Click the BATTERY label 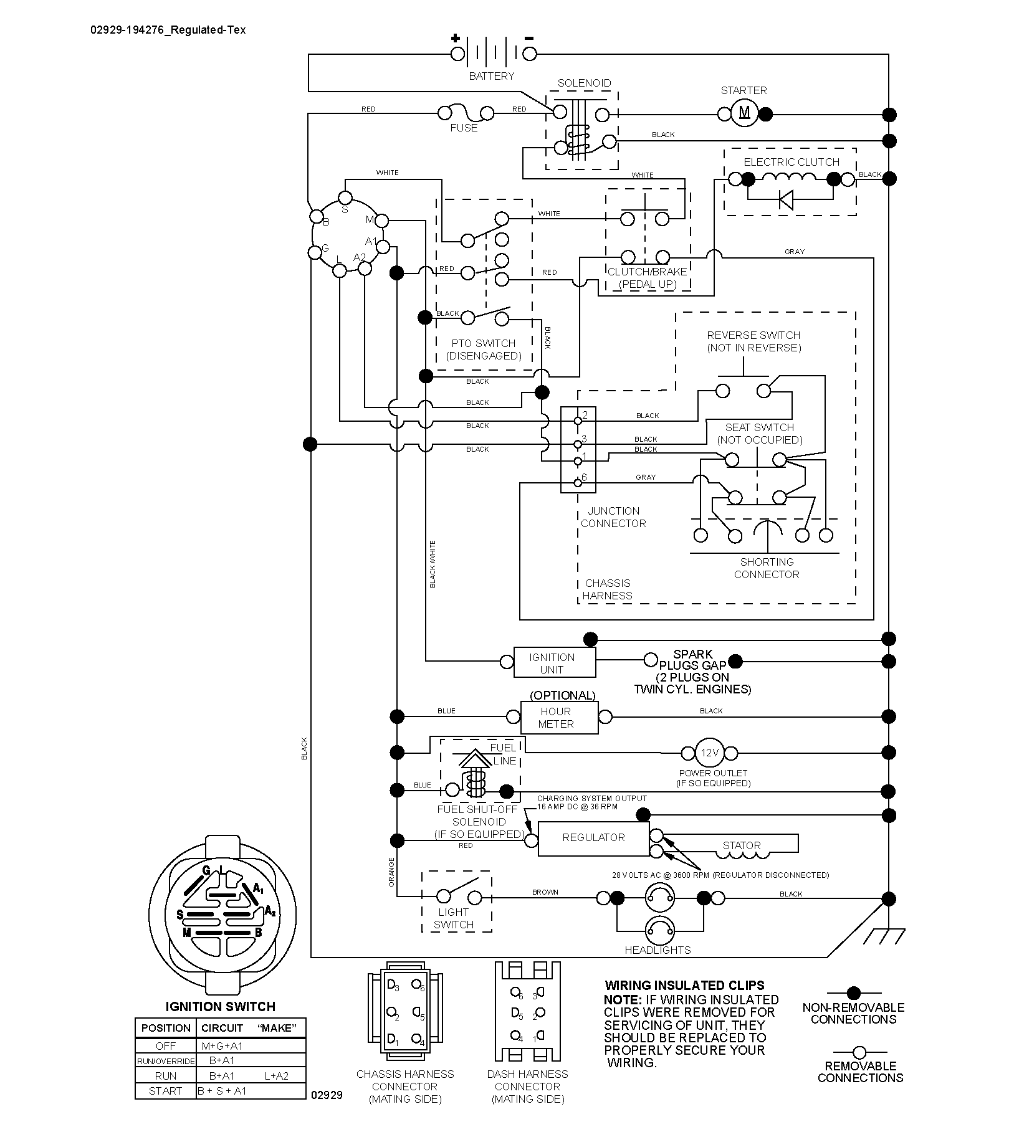(x=492, y=76)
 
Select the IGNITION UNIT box (x=555, y=662)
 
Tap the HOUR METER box (x=560, y=718)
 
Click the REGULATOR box (x=593, y=838)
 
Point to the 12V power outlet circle (x=709, y=753)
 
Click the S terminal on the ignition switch (x=345, y=197)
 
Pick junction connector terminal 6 (x=578, y=482)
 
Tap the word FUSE (x=464, y=128)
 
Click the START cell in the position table (x=165, y=1091)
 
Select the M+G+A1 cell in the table (x=222, y=1046)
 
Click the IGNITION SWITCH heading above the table (x=220, y=1007)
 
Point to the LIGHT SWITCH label (x=454, y=918)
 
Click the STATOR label (x=742, y=845)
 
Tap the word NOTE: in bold (x=622, y=999)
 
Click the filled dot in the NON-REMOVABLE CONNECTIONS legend (x=854, y=993)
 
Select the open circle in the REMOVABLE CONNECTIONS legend (x=860, y=1052)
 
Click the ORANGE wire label (x=391, y=872)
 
